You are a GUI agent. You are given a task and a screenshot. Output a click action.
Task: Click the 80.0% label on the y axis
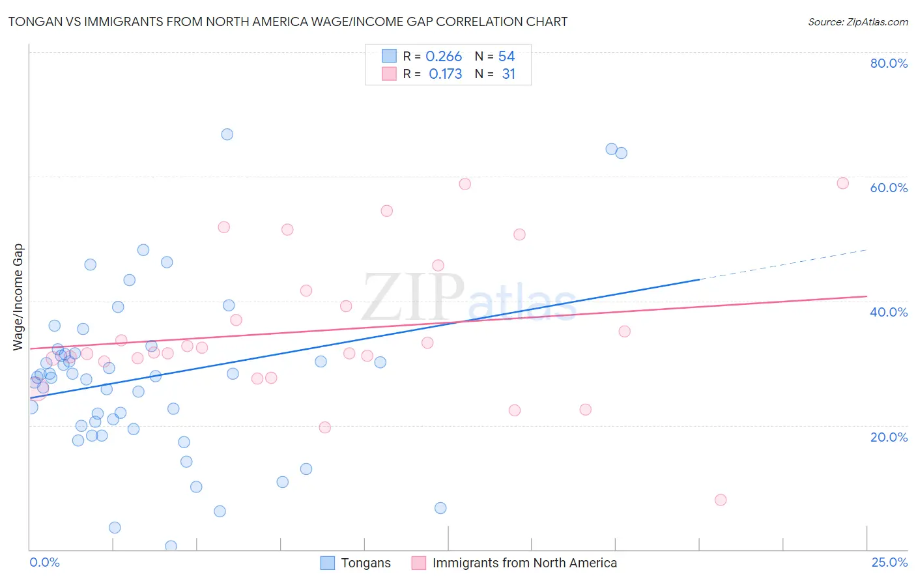click(889, 63)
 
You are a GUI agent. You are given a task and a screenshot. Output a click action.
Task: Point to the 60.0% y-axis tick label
click(889, 188)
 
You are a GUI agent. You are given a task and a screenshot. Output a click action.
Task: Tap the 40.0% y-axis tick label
click(889, 312)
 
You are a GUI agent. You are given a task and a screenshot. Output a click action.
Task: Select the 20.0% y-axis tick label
click(889, 437)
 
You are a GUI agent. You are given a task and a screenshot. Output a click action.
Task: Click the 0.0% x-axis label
click(44, 562)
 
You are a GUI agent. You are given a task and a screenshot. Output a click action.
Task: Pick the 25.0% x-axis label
click(889, 562)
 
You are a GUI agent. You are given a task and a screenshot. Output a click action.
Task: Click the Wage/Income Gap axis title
click(18, 297)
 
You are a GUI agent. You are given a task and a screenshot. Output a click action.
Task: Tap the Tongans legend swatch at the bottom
click(328, 563)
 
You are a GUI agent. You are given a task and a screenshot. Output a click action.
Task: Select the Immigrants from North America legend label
click(524, 563)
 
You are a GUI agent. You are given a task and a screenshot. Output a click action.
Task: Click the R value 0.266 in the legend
click(444, 57)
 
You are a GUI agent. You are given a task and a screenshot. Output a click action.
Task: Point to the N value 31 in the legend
click(508, 74)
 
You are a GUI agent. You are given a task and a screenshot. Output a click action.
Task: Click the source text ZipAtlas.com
click(858, 22)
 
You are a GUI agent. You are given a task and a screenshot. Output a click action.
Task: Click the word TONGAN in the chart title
click(33, 22)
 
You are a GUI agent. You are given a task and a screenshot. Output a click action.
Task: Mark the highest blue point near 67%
click(227, 134)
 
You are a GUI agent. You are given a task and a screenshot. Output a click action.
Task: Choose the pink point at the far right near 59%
click(842, 183)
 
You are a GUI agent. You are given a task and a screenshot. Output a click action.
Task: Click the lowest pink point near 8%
click(720, 500)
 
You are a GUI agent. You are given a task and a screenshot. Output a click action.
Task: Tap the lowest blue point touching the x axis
click(171, 546)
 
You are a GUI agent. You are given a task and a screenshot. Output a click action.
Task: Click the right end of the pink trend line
click(866, 296)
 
